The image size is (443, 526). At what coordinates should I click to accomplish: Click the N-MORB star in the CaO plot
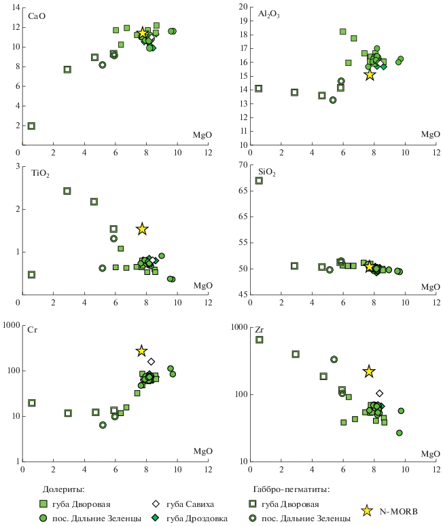click(143, 33)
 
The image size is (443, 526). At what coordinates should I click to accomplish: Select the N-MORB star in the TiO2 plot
click(142, 229)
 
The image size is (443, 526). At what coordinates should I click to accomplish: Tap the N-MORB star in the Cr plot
click(142, 351)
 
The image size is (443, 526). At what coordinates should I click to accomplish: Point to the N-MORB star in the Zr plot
click(369, 371)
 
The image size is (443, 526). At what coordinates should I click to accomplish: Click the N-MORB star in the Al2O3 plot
click(370, 75)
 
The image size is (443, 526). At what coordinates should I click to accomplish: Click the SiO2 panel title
click(266, 173)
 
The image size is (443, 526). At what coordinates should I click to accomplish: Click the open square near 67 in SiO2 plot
click(259, 181)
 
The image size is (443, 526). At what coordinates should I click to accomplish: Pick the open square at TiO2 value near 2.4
click(67, 191)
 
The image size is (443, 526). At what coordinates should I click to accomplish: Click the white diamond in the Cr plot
click(151, 362)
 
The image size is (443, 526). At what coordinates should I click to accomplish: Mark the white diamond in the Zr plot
click(379, 393)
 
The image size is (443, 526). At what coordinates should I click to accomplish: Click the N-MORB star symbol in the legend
click(367, 510)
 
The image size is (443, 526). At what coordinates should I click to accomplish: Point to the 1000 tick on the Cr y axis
click(10, 326)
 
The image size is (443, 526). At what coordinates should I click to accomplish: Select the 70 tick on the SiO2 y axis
click(241, 166)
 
